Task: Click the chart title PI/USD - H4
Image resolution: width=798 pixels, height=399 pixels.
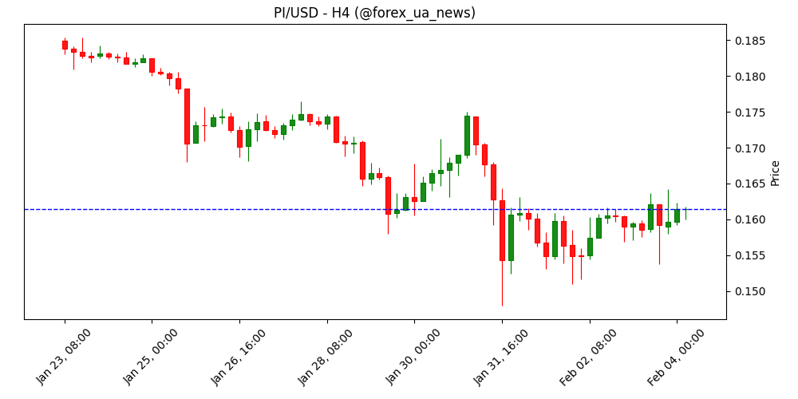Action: pos(374,13)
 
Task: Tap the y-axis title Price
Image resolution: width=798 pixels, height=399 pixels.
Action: pos(775,172)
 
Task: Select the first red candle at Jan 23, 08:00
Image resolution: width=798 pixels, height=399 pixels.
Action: pos(65,45)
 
